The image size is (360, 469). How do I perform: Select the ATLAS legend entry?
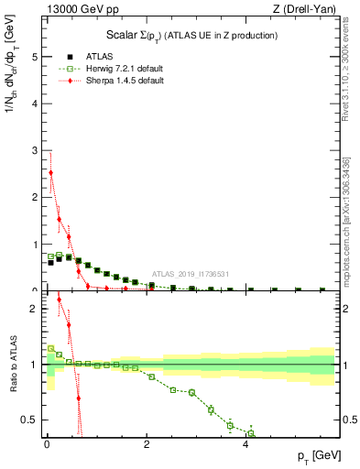pos(92,55)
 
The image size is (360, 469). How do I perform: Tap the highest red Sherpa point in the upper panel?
pos(50,172)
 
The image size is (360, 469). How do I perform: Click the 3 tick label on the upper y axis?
pos(35,150)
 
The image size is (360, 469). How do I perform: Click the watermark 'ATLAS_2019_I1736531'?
pos(191,274)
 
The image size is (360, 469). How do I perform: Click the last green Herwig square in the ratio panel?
pos(250,433)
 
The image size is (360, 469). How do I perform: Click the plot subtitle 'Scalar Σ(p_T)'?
pos(137,35)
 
